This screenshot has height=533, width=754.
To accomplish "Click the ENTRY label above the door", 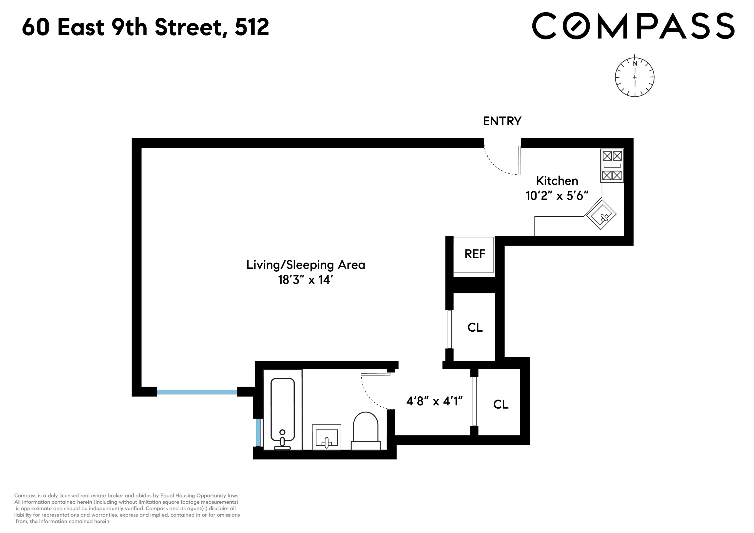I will [x=502, y=121].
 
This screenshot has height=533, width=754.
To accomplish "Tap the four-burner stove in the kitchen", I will [x=612, y=166].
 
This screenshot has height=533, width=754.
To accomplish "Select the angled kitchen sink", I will [x=601, y=215].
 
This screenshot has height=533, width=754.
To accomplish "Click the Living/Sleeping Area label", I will [x=305, y=265].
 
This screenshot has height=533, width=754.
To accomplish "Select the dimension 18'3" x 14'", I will [x=305, y=280].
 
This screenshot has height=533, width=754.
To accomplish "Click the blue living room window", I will [x=197, y=392].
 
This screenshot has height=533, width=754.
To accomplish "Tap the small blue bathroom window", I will [x=258, y=433].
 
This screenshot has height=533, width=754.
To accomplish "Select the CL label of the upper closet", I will [x=475, y=327].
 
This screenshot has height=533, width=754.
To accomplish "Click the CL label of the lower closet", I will [x=501, y=404].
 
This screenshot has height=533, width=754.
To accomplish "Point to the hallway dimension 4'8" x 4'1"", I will [x=434, y=401].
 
